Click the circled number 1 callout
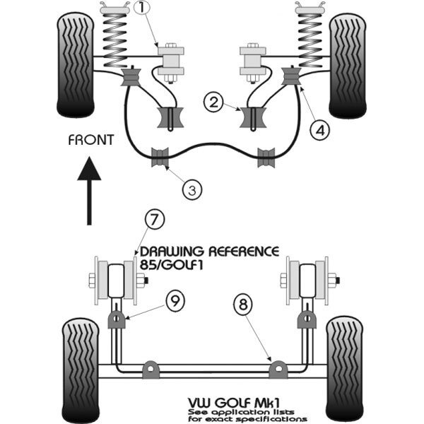(x=143, y=7)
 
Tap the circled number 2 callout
(x=213, y=102)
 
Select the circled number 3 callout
(x=192, y=189)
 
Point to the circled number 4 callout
(x=320, y=130)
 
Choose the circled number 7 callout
(x=154, y=220)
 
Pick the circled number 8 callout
(x=243, y=304)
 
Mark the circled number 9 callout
(x=175, y=300)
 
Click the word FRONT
(x=91, y=140)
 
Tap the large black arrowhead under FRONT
(x=89, y=169)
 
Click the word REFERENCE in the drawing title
(x=244, y=252)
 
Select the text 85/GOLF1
(x=171, y=265)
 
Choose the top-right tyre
(x=348, y=66)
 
